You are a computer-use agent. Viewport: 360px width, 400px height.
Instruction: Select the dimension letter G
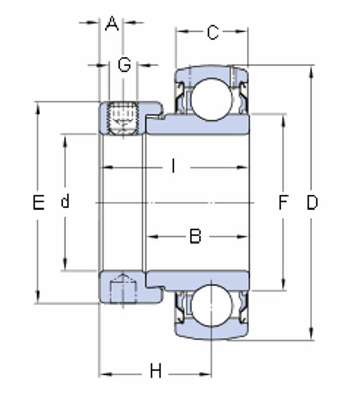[x=124, y=65]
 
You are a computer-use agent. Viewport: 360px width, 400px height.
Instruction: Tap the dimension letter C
[x=212, y=32]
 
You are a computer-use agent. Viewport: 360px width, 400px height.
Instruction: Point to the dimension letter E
[x=38, y=203]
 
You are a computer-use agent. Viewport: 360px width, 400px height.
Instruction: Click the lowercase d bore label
[x=65, y=201]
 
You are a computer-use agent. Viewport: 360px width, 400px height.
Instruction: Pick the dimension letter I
[x=174, y=166]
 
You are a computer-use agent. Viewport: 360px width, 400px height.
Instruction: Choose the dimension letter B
[x=195, y=236]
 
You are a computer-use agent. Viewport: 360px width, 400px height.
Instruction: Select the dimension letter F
[x=283, y=203]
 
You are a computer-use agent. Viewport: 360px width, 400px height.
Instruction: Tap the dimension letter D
[x=312, y=203]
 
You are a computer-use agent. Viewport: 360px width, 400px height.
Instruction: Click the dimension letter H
[x=155, y=371]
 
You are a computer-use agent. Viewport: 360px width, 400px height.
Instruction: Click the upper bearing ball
[x=210, y=99]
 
